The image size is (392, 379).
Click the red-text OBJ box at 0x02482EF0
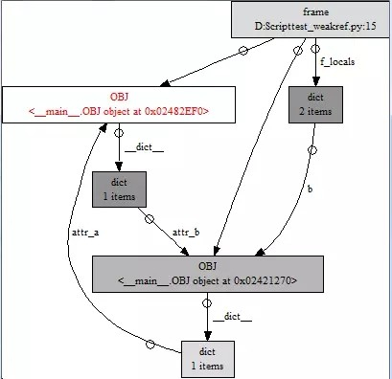click(119, 105)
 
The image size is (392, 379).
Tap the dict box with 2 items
click(314, 105)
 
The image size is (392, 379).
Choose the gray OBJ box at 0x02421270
click(207, 273)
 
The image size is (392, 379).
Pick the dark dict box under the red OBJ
click(119, 189)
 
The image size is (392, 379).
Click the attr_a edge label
click(86, 231)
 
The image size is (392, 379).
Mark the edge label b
click(310, 189)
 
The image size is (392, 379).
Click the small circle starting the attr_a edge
click(150, 344)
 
